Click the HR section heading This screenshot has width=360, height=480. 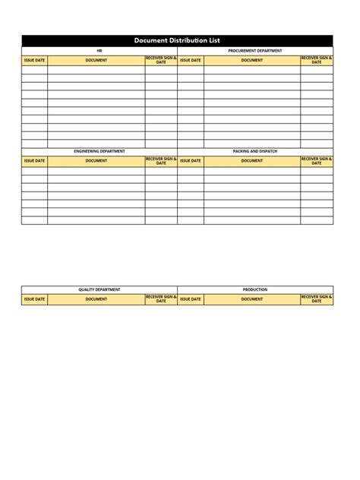click(x=99, y=51)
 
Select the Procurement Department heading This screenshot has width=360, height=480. click(x=255, y=51)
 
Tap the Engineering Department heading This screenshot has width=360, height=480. click(x=99, y=151)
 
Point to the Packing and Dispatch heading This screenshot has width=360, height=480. click(x=255, y=151)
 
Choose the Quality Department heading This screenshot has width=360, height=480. click(x=99, y=289)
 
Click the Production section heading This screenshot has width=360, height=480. click(x=255, y=289)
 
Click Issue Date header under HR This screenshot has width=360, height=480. click(x=34, y=60)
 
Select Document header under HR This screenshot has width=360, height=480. click(x=96, y=60)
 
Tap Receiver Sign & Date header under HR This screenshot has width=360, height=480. click(x=161, y=60)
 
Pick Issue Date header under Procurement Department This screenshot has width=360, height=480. click(x=191, y=60)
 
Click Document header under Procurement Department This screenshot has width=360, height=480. click(x=252, y=60)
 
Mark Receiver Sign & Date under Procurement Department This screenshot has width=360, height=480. click(x=317, y=60)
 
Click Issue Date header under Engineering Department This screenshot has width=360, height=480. click(x=34, y=161)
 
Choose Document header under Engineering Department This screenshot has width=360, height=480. click(x=96, y=161)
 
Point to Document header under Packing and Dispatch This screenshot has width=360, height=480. click(x=252, y=161)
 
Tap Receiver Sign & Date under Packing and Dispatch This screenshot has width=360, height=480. click(x=317, y=161)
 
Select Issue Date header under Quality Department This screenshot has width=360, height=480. click(x=34, y=299)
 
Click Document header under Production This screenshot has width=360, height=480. click(x=252, y=299)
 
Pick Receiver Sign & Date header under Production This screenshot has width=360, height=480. click(x=317, y=299)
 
